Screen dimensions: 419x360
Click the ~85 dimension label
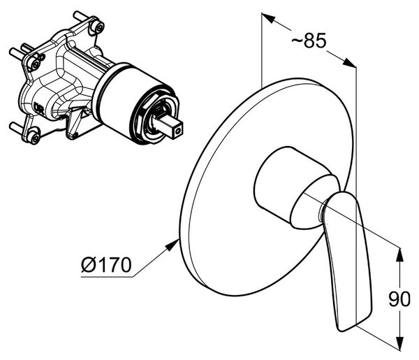(309, 41)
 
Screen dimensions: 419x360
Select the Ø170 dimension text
(106, 265)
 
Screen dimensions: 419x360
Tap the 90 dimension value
(399, 299)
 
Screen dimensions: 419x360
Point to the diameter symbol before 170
(89, 265)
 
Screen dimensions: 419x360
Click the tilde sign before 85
(296, 41)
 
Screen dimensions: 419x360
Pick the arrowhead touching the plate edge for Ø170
(173, 244)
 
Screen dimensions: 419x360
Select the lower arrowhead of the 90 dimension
(399, 343)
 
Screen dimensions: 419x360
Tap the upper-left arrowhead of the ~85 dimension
(268, 17)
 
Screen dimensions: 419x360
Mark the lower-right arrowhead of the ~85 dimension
(349, 63)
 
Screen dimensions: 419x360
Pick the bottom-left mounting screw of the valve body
(34, 138)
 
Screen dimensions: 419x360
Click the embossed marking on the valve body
(39, 108)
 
